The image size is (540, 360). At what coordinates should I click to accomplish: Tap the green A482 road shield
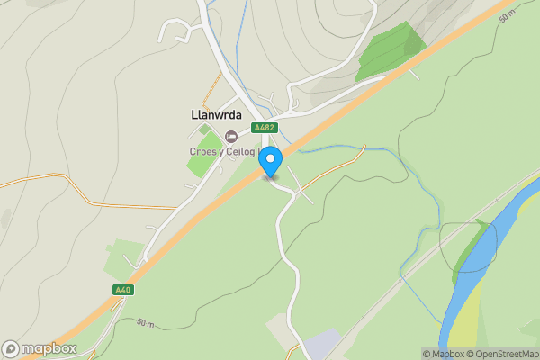click(264, 128)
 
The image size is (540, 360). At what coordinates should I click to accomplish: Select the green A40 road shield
click(123, 289)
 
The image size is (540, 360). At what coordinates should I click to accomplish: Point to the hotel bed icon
click(231, 136)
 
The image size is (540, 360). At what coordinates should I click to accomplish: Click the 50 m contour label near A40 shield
click(146, 322)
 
